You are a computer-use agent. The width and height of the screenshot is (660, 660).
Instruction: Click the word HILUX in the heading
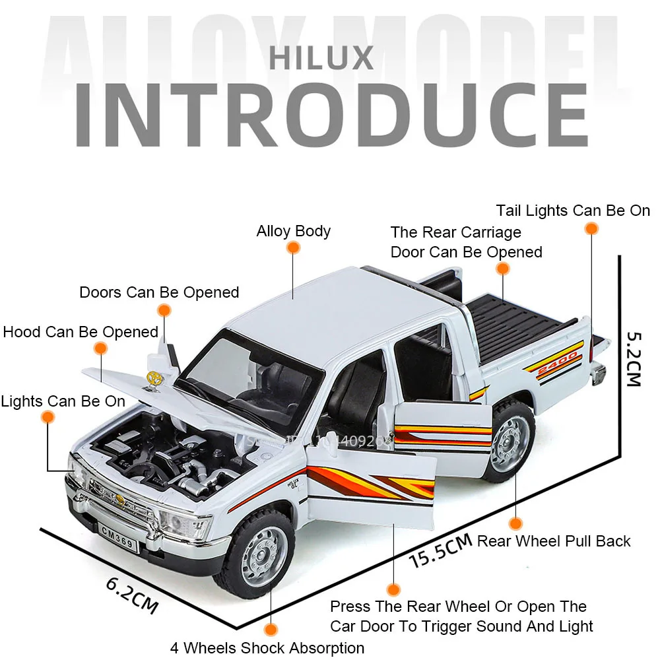[x=321, y=58]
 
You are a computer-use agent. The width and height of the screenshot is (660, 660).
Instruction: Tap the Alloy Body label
[x=293, y=231]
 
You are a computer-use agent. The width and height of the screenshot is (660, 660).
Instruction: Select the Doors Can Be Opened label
[x=159, y=292]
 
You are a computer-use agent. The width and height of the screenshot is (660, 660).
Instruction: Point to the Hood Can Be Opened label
[x=80, y=331]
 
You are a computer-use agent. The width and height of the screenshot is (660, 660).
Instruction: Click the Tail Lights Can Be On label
[x=573, y=211]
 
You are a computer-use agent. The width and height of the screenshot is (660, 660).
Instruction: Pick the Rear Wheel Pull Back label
[x=554, y=541]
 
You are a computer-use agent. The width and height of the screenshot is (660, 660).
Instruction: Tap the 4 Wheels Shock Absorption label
[x=267, y=647]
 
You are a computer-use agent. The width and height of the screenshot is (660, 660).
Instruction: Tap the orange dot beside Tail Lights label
[x=592, y=228]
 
